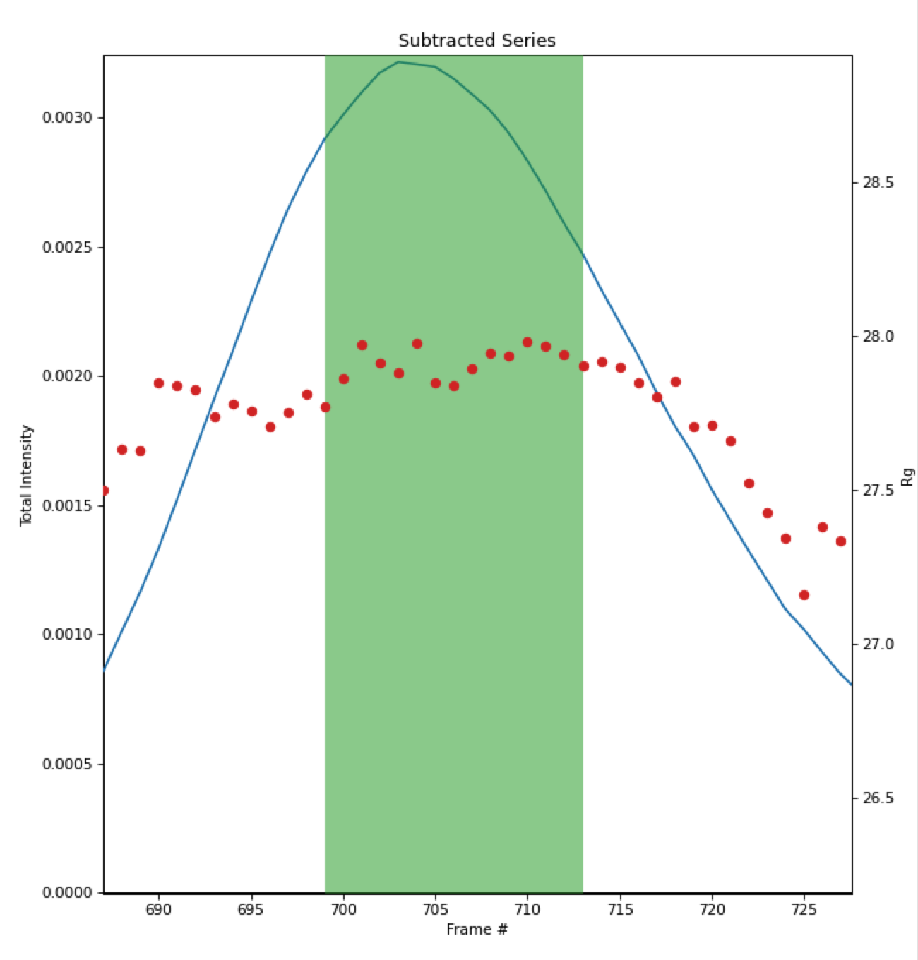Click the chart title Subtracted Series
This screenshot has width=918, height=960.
477,40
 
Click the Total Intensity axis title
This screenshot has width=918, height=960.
27,475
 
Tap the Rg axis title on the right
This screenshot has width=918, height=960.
908,476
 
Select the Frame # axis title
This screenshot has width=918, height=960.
477,930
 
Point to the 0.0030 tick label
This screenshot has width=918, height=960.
67,117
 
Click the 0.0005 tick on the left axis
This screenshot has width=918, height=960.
67,764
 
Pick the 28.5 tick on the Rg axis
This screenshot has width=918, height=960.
878,183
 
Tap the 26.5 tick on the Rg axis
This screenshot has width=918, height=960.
878,798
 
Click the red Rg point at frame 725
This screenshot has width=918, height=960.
804,595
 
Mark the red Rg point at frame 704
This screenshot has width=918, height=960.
417,344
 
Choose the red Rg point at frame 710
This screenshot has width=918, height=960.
527,342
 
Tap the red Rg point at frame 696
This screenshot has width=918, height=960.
270,427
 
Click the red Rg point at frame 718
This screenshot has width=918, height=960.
676,382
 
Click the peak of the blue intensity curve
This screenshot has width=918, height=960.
399,62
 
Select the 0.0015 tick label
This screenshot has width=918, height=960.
67,505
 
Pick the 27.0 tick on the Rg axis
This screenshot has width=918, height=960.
878,644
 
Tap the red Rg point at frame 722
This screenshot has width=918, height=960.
749,484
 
